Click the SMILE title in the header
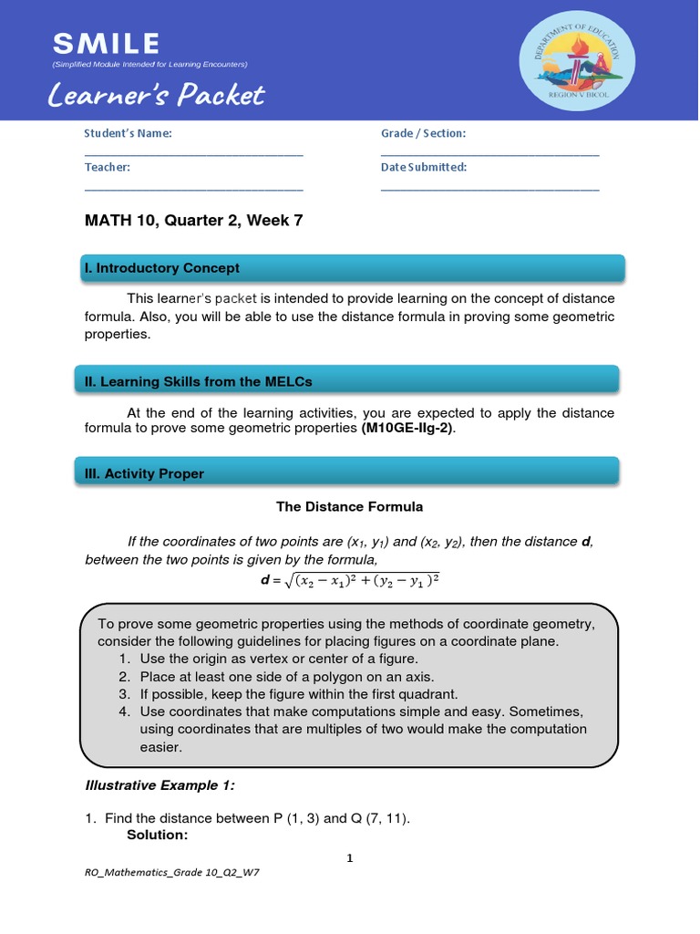click(x=106, y=43)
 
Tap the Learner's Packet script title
click(x=158, y=95)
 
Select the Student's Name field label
click(x=128, y=133)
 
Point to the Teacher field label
click(x=108, y=167)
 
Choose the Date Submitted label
click(x=424, y=167)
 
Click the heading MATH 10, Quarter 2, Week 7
click(x=193, y=220)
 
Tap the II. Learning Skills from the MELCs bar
click(x=350, y=381)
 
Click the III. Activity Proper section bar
click(x=350, y=473)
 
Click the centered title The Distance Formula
click(x=350, y=506)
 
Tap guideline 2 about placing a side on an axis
click(x=286, y=676)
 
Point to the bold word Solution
click(x=157, y=835)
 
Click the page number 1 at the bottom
click(x=349, y=857)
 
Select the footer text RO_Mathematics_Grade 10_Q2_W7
click(x=172, y=872)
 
